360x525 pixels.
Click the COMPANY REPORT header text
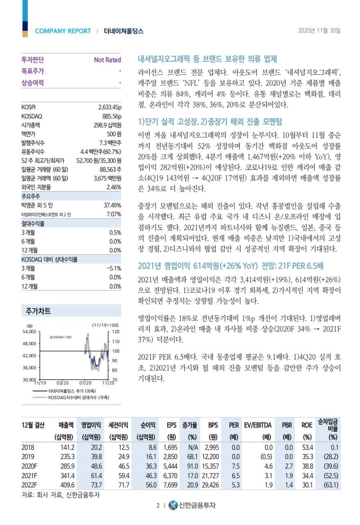coord(63,31)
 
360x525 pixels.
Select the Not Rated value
coord(107,60)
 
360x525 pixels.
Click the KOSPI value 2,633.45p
coord(109,107)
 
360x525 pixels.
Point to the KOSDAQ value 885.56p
coord(112,116)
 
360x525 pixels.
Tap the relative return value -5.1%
coord(114,268)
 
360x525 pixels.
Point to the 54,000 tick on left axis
coord(29,331)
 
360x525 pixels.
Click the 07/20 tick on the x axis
coord(85,383)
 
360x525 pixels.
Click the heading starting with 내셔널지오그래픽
coord(207,59)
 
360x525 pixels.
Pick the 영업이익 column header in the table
coord(91,425)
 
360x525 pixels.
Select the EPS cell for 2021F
coord(169,476)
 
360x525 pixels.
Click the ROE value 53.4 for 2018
coord(307,447)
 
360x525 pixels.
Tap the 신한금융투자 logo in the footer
coord(191,505)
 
